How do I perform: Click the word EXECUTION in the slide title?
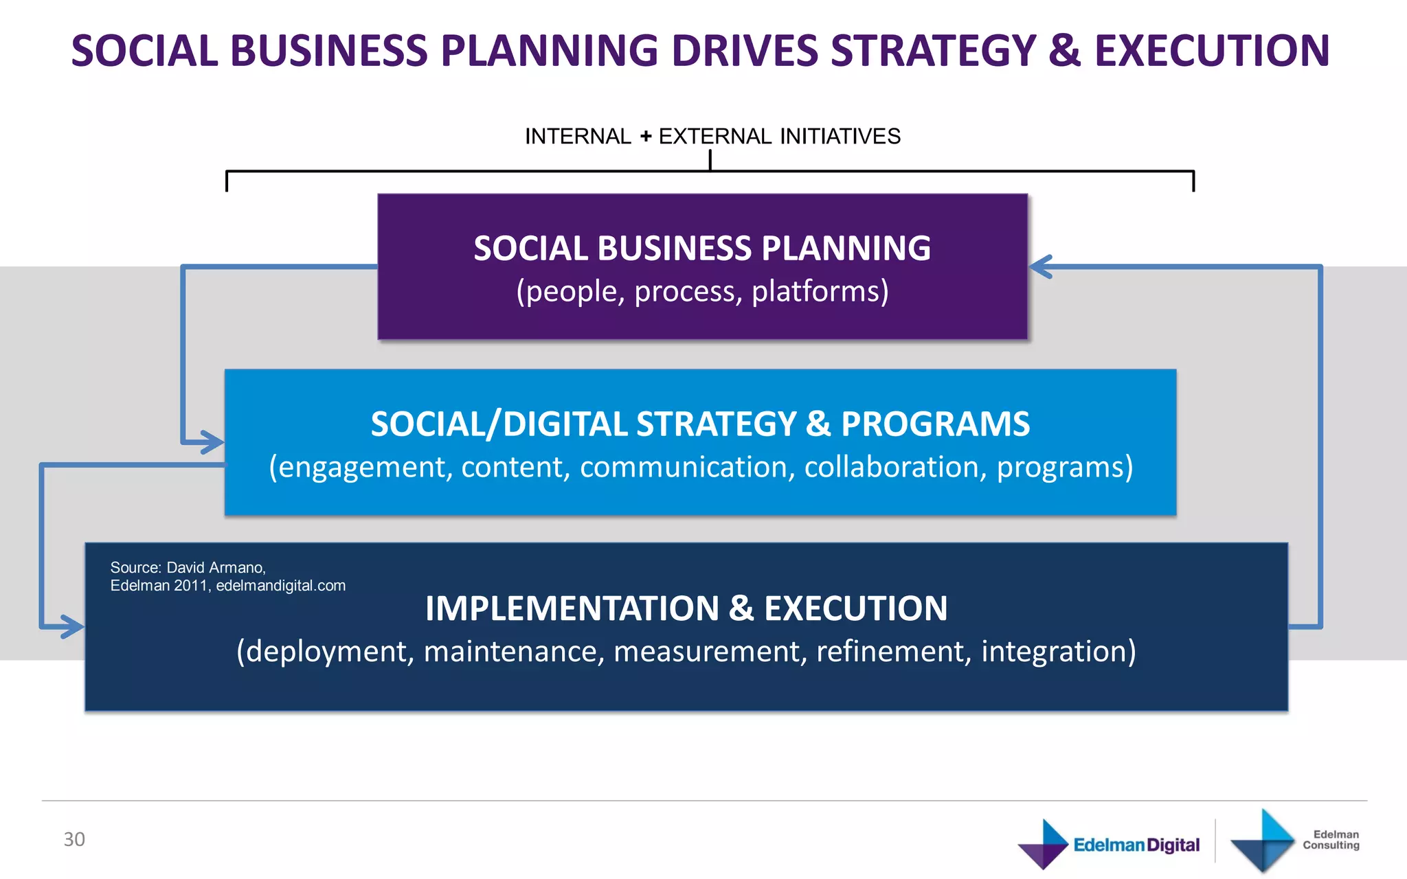pos(1212,52)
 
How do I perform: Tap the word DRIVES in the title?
pos(743,52)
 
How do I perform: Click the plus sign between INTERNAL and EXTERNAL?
pos(645,137)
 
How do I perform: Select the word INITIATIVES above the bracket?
pos(840,137)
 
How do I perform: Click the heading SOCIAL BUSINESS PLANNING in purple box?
pos(702,249)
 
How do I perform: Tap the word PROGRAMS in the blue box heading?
pos(935,424)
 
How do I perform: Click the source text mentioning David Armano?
pos(188,568)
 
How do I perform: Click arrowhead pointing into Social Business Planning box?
pos(1041,266)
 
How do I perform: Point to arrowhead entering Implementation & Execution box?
pos(72,626)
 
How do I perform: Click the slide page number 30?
pos(74,839)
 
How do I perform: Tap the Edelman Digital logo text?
pos(1136,845)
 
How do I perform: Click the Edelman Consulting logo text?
pos(1331,840)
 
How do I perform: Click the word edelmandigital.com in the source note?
pos(280,586)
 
